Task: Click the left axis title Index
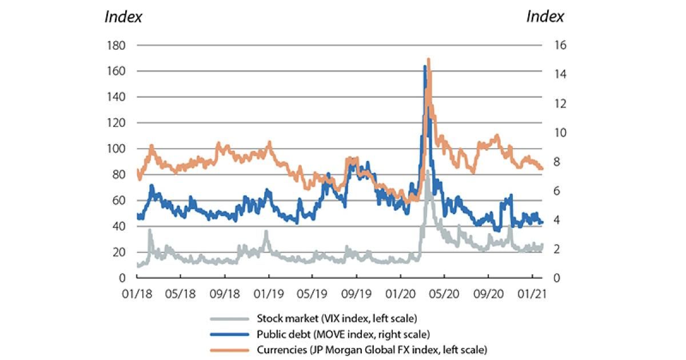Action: [x=123, y=17]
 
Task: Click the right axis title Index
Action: [x=545, y=17]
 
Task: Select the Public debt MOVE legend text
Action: [x=343, y=334]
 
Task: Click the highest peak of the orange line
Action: [x=428, y=59]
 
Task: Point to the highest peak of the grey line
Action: [x=427, y=171]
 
